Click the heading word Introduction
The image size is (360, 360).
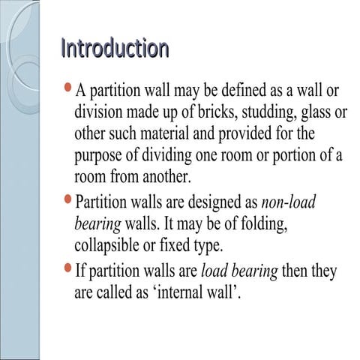[114, 49]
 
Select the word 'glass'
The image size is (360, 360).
[314, 113]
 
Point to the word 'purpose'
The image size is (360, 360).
[100, 157]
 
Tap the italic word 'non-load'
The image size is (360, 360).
[289, 202]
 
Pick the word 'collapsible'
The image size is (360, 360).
[111, 246]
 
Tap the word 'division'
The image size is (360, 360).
[103, 113]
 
